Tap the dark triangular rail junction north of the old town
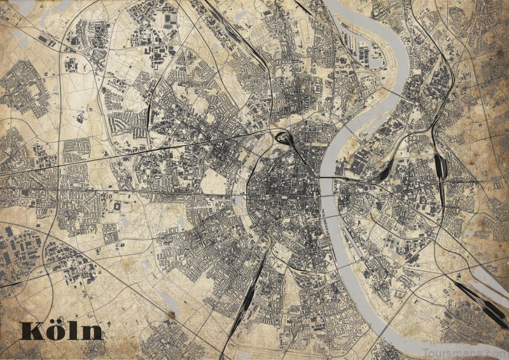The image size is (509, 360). coord(284,135)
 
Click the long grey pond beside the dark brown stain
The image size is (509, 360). coord(169,301)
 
